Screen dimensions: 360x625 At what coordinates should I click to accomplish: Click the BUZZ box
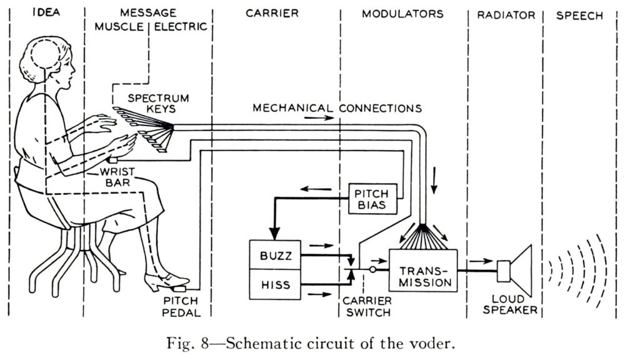point(275,256)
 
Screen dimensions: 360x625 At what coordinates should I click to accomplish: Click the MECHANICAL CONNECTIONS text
point(337,108)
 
